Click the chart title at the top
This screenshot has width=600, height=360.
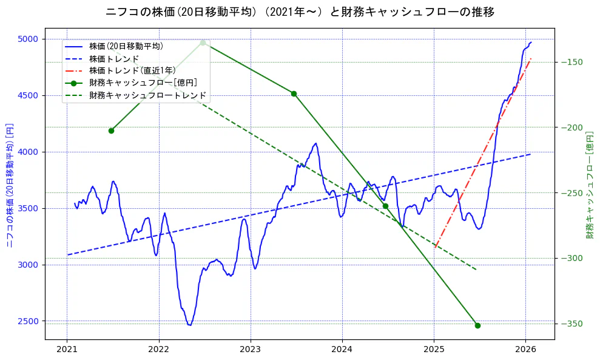300,12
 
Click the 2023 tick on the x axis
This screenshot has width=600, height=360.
251,350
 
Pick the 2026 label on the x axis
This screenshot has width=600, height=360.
526,350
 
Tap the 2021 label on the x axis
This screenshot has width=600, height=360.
67,350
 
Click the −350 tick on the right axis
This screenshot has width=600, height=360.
574,324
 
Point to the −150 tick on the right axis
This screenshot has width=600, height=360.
574,62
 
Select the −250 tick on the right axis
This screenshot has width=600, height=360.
574,193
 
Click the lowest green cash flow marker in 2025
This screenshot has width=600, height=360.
477,325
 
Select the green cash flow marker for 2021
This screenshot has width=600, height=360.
111,131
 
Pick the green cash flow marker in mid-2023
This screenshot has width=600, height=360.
294,93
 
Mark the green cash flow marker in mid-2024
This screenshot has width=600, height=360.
385,206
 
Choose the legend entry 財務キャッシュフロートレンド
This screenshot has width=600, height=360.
147,95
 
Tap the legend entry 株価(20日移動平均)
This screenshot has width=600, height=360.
126,46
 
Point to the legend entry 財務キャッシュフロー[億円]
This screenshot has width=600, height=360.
143,83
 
